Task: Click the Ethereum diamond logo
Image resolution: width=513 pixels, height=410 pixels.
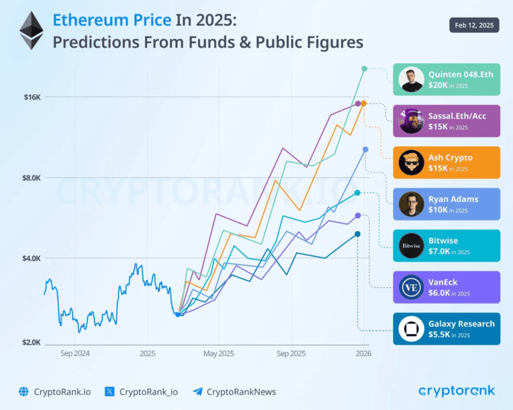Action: click(x=31, y=31)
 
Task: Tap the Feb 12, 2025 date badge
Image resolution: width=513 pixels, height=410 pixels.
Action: click(x=474, y=25)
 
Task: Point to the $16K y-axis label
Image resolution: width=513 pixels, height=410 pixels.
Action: click(x=32, y=97)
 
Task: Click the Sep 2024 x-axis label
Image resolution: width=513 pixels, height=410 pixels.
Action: click(x=75, y=354)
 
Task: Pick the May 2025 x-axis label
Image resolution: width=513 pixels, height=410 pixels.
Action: click(x=219, y=354)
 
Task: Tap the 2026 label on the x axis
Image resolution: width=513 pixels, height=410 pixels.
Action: click(x=363, y=354)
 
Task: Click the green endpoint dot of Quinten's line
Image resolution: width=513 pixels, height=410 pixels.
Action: click(x=364, y=69)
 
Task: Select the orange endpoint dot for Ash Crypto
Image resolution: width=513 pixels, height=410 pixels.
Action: click(x=364, y=103)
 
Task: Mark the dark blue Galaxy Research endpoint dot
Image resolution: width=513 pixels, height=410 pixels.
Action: click(x=357, y=234)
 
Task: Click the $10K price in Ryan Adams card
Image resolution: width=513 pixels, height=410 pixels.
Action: click(x=438, y=210)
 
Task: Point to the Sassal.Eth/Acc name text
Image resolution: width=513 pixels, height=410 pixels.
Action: click(x=457, y=116)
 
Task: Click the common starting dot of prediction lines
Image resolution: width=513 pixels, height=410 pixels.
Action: click(x=177, y=314)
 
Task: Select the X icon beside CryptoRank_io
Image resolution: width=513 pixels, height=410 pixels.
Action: click(x=110, y=392)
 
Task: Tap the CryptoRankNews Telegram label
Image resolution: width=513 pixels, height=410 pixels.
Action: click(x=241, y=392)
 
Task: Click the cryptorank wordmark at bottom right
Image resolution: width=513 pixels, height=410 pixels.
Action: click(x=456, y=390)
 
